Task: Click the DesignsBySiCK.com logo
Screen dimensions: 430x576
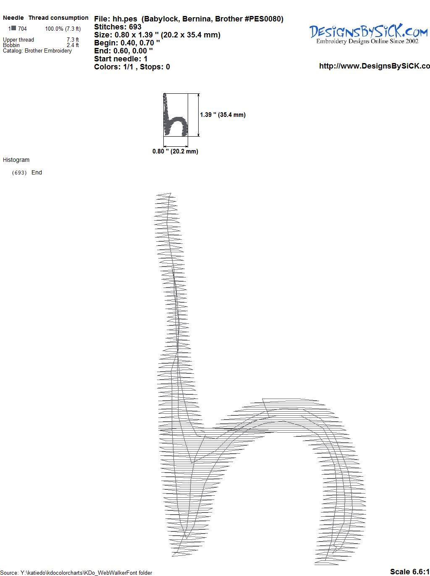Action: coord(368,34)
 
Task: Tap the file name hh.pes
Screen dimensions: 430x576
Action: coord(125,19)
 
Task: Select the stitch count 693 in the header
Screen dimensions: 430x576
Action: coord(135,27)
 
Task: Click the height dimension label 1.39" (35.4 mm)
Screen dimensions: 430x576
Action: coord(223,115)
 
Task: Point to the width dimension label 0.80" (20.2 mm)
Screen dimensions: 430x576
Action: coord(175,151)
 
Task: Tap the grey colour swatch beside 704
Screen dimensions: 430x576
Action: coord(14,28)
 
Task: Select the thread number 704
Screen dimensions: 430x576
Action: coord(22,29)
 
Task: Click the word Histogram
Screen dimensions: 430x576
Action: coord(16,160)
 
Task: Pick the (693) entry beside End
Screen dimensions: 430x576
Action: coord(19,173)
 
